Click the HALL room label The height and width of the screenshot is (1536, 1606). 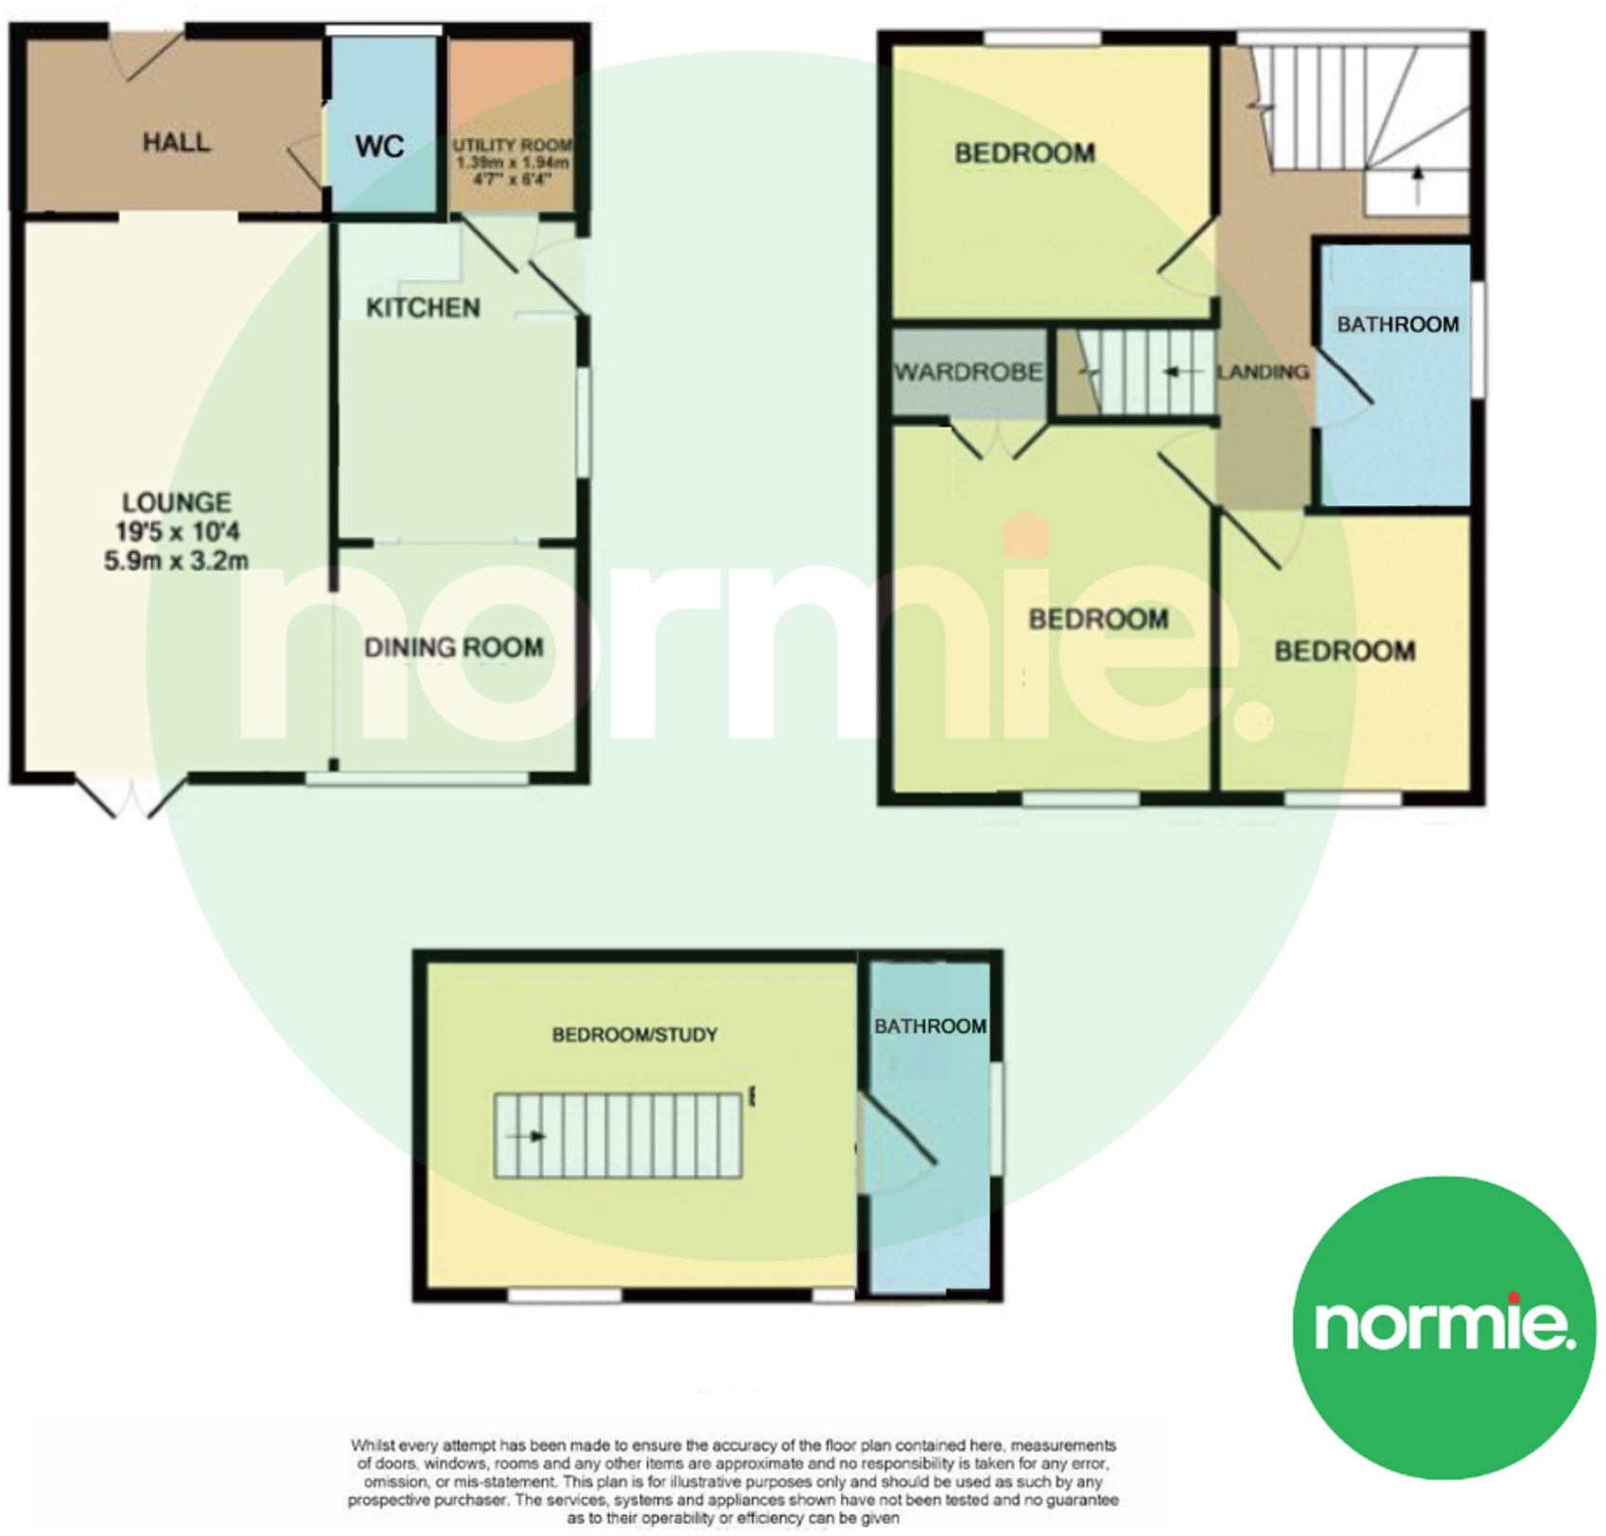pos(176,143)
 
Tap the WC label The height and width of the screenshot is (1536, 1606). pos(379,147)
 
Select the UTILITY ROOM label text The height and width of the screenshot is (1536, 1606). pos(512,146)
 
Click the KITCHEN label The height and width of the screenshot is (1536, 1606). pos(423,307)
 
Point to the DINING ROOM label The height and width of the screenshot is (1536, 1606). pos(454,648)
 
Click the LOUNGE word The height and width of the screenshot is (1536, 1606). pos(176,502)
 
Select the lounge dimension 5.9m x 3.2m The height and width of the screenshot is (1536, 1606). pos(176,561)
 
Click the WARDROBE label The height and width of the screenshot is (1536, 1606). pos(969,372)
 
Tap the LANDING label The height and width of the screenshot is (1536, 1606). pos(1263,372)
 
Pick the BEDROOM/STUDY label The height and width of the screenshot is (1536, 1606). pos(635,1035)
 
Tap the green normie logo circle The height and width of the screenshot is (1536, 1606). pos(1443,1326)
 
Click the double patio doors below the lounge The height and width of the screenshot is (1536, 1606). pos(124,799)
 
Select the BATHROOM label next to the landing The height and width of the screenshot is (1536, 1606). pos(1397,324)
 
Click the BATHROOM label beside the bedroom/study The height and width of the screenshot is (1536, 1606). pos(930,1026)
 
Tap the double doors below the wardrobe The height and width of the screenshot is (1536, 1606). pos(1000,441)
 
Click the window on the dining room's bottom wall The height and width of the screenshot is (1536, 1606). pos(417,779)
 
